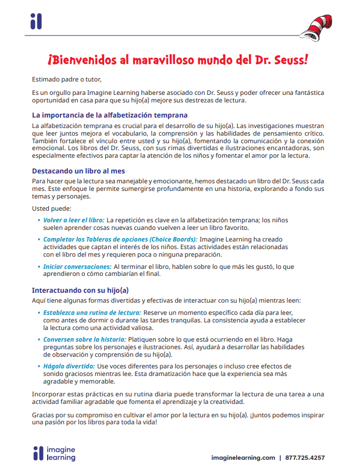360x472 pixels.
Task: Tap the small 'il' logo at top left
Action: tap(36, 22)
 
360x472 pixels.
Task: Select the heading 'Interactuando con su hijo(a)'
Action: tap(80, 290)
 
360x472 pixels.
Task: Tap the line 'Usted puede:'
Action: tap(52, 208)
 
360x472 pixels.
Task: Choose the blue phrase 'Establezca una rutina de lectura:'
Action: tap(92, 313)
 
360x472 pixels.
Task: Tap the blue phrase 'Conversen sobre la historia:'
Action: tap(84, 339)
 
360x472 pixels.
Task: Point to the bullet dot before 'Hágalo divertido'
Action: tap(38, 366)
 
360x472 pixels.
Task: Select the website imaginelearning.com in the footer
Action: tap(243, 458)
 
